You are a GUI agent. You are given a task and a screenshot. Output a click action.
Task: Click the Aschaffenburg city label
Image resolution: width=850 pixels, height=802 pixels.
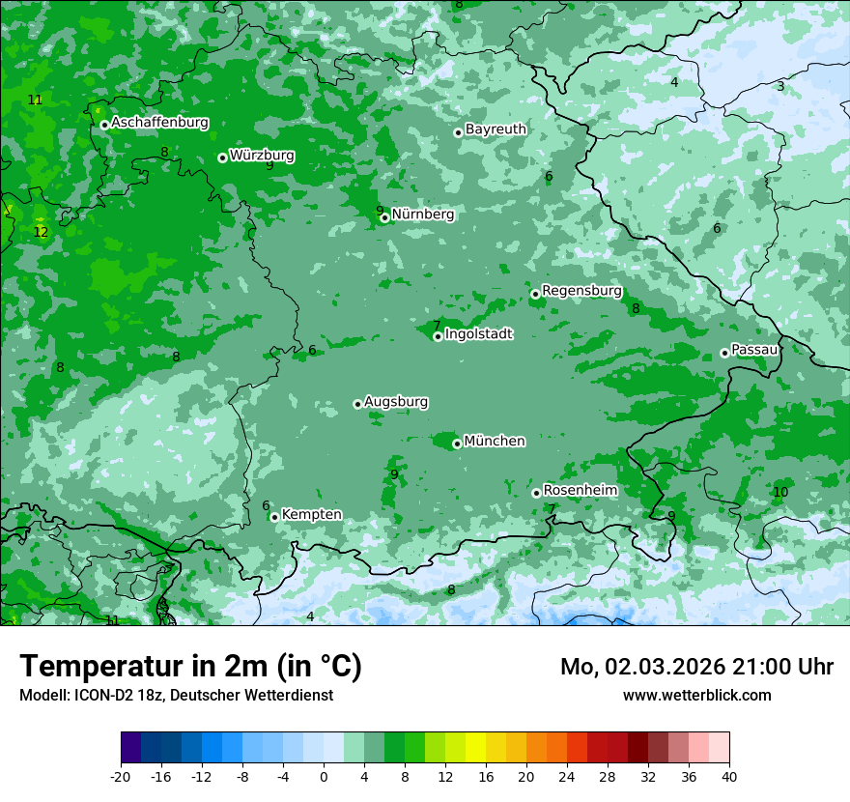point(159,123)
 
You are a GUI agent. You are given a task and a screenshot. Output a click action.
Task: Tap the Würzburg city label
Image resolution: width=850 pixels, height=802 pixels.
point(262,155)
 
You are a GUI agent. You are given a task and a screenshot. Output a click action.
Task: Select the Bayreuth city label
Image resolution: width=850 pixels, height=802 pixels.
point(496,129)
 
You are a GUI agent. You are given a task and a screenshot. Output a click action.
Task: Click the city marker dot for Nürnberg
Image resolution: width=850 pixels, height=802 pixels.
point(384,217)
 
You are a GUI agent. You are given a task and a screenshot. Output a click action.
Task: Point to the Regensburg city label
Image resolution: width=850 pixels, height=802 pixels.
point(581,290)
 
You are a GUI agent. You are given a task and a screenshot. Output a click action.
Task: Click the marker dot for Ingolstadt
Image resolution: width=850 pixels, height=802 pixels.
point(438,336)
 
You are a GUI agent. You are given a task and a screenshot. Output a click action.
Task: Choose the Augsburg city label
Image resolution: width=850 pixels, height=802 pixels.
point(396,401)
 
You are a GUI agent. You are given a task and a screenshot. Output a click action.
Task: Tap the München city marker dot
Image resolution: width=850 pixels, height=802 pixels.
point(457,444)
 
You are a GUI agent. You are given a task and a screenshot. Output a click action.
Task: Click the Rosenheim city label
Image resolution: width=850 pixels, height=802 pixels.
point(580,490)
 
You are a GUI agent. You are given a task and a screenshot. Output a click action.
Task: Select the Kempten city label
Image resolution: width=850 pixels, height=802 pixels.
point(311,514)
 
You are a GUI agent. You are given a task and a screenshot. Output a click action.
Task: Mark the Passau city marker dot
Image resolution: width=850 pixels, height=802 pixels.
point(724,353)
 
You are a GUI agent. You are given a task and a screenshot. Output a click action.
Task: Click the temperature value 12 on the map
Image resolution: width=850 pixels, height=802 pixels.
point(41,232)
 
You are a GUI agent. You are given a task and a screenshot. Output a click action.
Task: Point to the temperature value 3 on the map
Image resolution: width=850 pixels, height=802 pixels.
point(780,87)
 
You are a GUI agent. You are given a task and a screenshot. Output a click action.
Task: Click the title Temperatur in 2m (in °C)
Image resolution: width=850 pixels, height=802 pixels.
point(190,666)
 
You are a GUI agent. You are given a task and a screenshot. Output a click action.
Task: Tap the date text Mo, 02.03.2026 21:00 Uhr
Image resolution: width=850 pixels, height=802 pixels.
point(696,667)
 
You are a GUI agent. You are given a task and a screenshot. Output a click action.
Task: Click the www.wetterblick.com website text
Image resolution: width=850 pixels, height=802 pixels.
point(696,695)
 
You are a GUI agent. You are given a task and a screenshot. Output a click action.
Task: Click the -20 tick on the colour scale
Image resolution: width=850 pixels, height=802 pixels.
point(121,776)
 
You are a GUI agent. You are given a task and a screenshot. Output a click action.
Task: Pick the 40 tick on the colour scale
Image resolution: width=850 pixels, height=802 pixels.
point(728,776)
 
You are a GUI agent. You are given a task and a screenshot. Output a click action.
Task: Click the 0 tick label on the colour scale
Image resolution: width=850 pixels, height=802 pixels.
point(324,776)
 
